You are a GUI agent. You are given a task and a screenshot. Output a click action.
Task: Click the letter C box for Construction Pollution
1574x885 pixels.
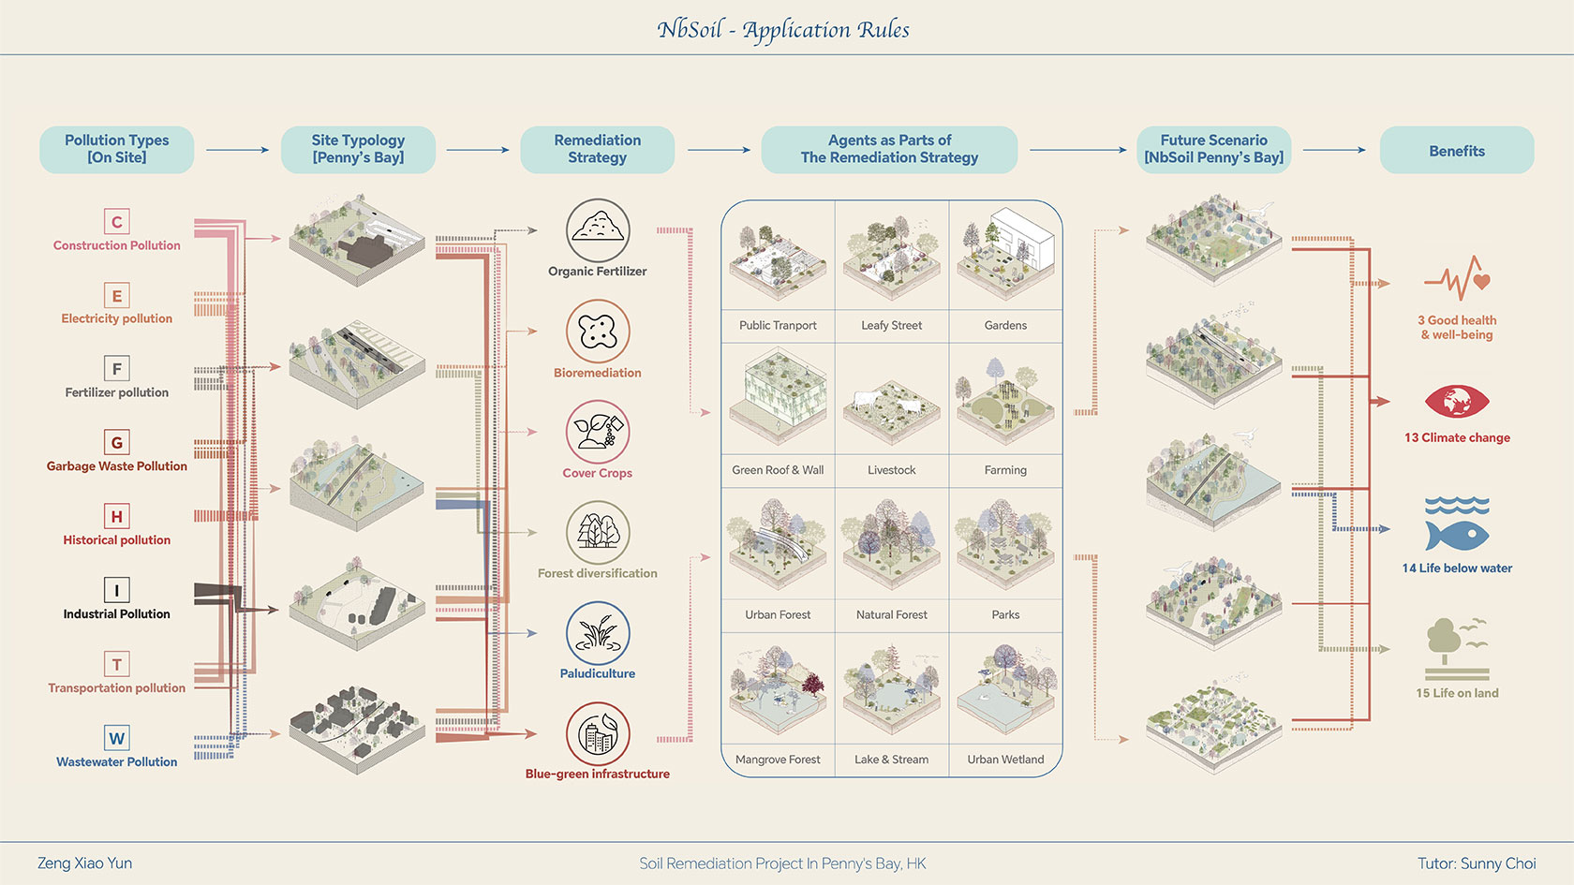[x=117, y=222]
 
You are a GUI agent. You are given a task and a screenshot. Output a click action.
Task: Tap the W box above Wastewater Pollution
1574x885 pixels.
[x=117, y=738]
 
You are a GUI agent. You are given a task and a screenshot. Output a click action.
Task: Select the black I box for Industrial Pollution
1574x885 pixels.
[x=117, y=590]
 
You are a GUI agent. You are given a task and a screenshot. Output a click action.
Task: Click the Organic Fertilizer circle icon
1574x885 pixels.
[x=598, y=230]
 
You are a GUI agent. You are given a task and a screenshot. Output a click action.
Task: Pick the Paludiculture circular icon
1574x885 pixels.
[x=598, y=633]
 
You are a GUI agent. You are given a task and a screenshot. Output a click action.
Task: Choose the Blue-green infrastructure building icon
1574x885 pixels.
[x=598, y=734]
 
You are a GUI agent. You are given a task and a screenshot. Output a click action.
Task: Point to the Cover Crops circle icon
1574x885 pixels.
[x=598, y=432]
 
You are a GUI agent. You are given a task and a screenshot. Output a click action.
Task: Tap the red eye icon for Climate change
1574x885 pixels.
[x=1457, y=402]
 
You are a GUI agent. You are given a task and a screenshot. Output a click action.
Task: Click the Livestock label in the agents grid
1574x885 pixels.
[x=892, y=470]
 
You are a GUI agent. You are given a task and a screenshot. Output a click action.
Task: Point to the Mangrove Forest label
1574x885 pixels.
[x=778, y=760]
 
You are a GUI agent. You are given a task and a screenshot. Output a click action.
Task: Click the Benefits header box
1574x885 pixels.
[x=1457, y=150]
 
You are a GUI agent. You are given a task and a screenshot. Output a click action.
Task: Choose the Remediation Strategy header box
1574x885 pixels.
[x=598, y=150]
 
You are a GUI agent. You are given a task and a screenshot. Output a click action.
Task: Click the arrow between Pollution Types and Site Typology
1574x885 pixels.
[x=237, y=150]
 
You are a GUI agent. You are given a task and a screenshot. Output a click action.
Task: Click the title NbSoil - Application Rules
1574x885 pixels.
[x=783, y=30]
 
